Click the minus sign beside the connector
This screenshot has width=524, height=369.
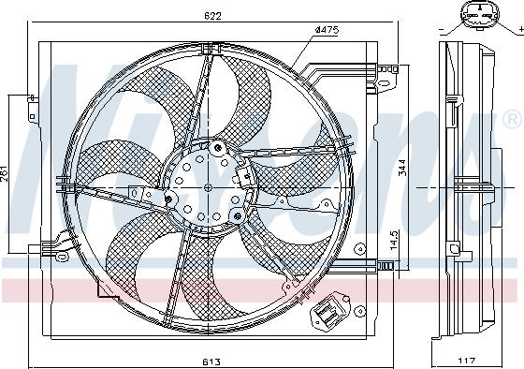[440, 31]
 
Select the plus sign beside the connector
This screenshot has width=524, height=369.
[519, 31]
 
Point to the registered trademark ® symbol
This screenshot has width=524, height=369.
[513, 119]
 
